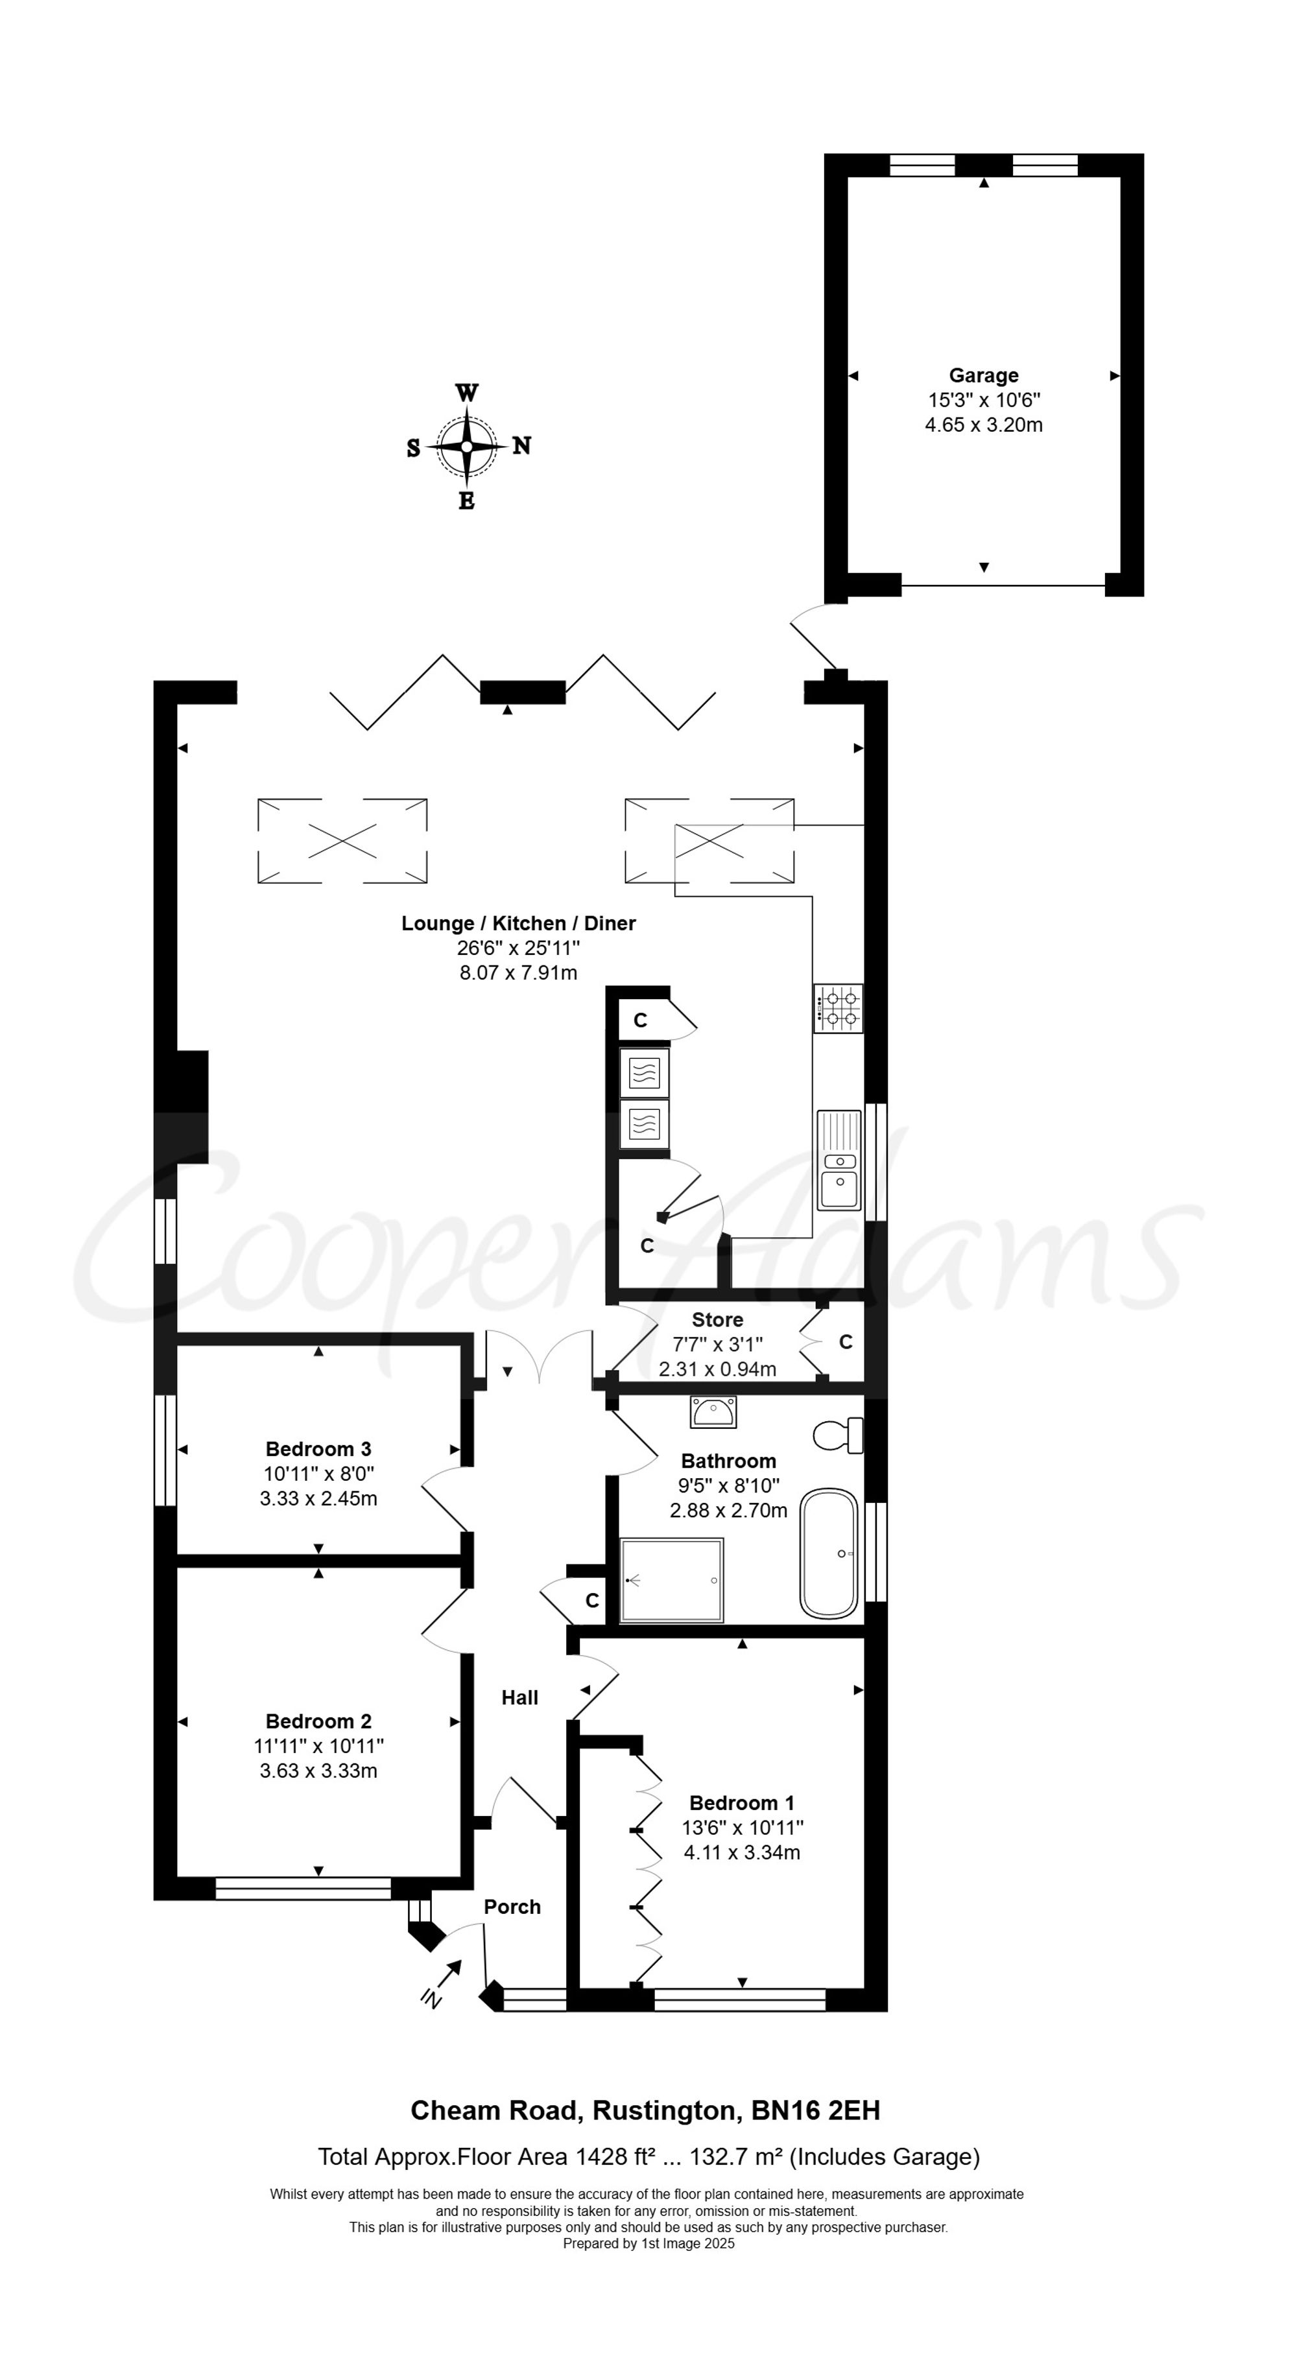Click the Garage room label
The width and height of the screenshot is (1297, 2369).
983,375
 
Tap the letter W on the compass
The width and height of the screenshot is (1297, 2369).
466,394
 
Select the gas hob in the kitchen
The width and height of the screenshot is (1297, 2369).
838,1008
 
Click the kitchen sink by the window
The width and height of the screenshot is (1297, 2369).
839,1161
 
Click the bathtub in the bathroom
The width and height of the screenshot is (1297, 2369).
829,1553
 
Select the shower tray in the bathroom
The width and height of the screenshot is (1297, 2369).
671,1580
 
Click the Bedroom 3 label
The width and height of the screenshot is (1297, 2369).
318,1450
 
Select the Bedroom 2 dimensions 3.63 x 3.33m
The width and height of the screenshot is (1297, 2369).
318,1771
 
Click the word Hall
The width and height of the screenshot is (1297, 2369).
519,1698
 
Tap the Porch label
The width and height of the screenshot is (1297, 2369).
512,1907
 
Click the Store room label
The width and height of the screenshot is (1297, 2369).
717,1320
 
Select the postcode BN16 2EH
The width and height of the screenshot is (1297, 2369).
816,2110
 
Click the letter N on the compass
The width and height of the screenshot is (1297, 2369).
521,446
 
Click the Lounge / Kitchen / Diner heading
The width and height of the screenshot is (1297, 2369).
518,923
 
